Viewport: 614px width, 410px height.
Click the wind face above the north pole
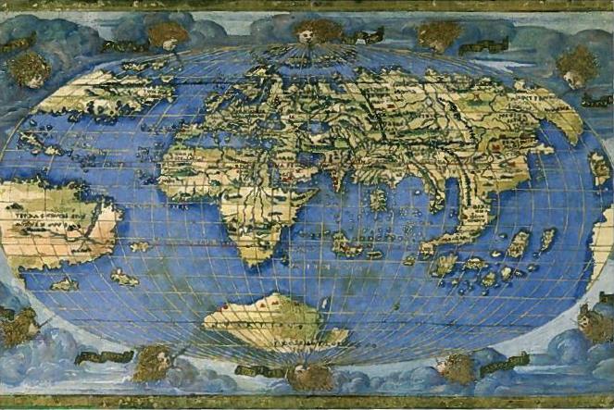pos(306,31)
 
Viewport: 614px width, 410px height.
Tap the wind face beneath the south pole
pos(308,375)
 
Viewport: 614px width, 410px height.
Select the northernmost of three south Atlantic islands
pos(140,246)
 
